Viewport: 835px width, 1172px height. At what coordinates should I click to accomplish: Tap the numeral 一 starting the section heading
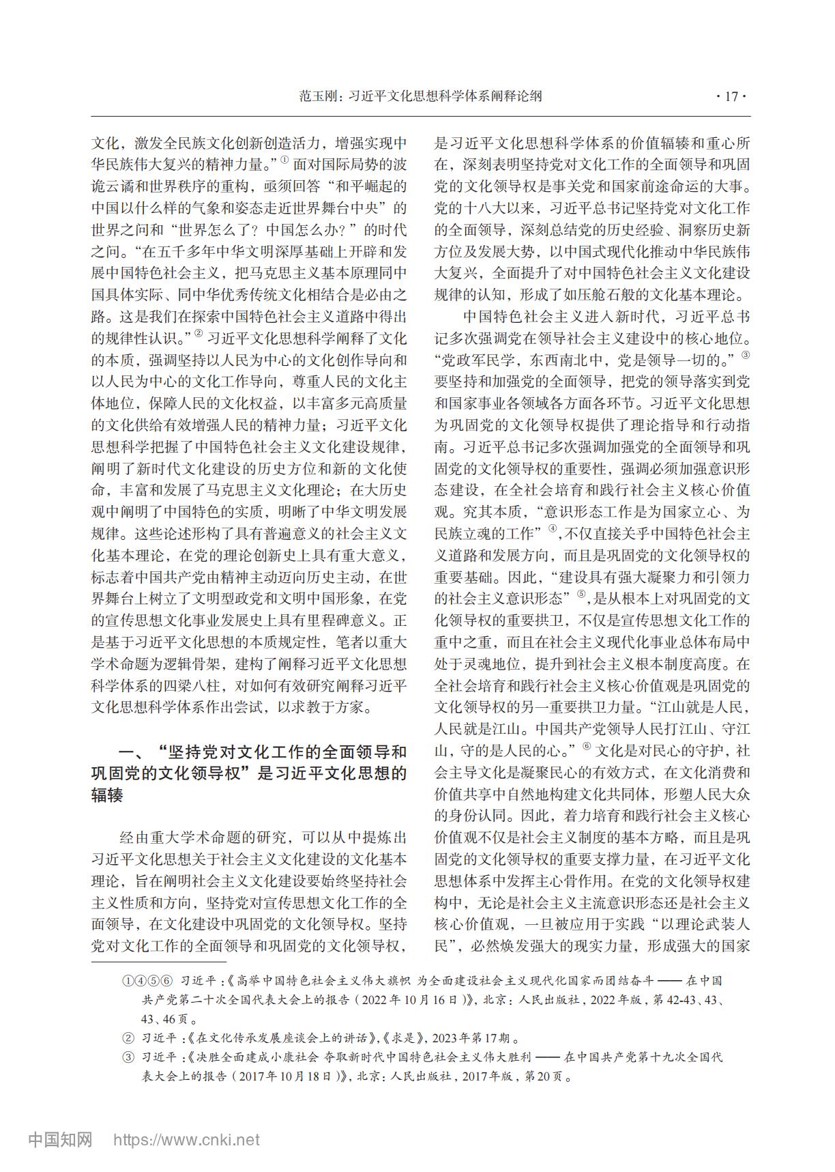pos(130,752)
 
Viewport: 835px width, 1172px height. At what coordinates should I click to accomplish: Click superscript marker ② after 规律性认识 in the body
pos(199,332)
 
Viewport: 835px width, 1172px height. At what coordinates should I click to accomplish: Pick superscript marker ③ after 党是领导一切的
pos(746,354)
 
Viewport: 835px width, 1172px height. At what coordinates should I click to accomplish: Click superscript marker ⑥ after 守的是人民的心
pos(588,746)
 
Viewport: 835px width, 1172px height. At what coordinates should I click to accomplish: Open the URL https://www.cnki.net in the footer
pos(186,1140)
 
